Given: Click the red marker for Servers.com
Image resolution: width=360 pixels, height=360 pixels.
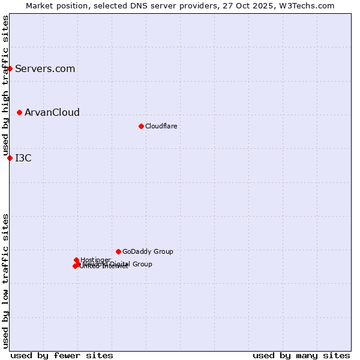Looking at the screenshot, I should point(10,68).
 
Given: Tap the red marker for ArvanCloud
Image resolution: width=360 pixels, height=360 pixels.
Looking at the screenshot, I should point(20,112).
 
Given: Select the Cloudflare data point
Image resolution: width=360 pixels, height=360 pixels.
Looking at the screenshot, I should point(141,126).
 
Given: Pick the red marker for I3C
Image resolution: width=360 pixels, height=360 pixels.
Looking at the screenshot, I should point(10,158).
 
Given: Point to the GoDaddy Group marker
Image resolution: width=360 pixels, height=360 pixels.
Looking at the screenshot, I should point(118,251).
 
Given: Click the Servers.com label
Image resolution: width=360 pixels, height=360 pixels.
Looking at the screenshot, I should point(45,68).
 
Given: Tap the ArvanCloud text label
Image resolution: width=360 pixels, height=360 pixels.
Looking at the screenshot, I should point(52,112).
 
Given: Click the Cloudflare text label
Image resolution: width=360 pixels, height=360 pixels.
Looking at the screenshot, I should point(161,126).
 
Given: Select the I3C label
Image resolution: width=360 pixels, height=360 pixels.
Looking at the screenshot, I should point(23,158).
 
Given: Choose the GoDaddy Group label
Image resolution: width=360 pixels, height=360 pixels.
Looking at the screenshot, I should point(148,251).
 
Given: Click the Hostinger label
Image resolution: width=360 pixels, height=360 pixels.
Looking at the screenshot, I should point(95,260).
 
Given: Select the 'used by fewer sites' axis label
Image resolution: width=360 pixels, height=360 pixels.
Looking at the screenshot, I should point(62,355).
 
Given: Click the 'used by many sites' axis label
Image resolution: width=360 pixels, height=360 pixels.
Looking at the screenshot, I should point(301,355).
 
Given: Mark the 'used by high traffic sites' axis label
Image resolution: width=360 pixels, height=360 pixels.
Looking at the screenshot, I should point(5,86).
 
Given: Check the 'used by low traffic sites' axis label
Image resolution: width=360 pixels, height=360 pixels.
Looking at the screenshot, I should point(5,281).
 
